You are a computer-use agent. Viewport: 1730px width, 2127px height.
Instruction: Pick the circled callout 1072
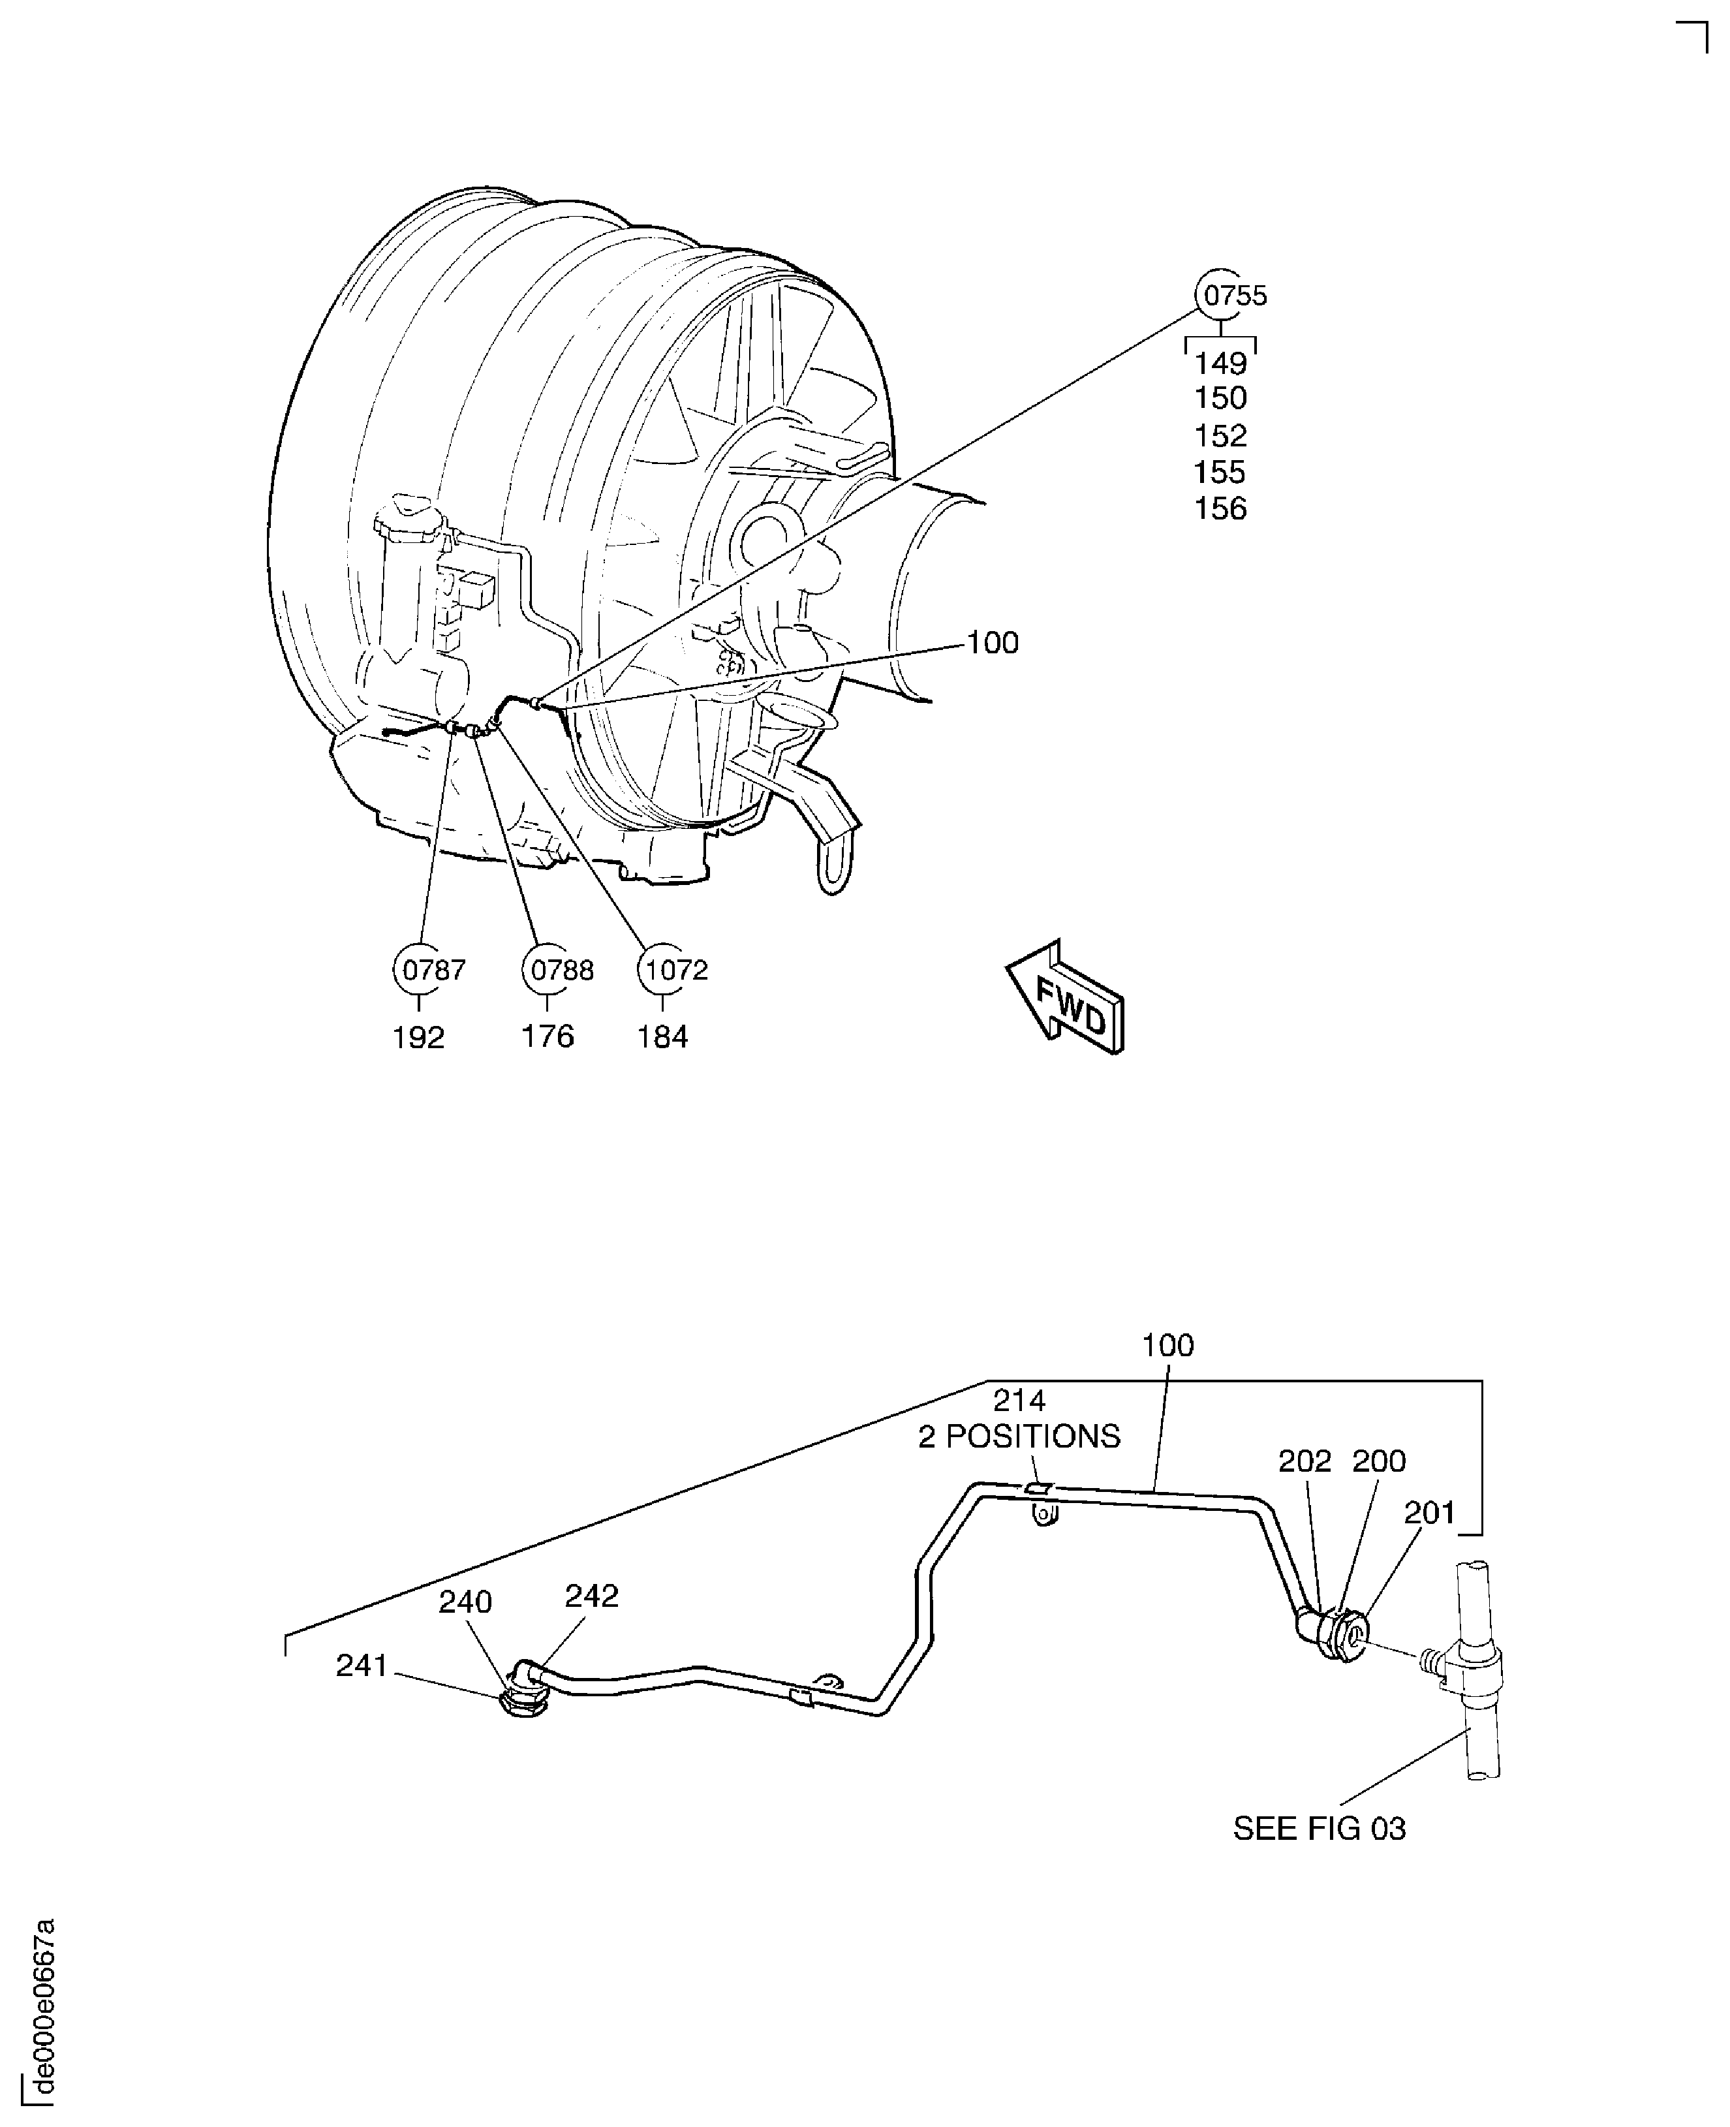pyautogui.click(x=664, y=969)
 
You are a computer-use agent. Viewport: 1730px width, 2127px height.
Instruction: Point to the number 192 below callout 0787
pyautogui.click(x=418, y=1038)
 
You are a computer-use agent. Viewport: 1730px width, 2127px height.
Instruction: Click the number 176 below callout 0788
pyautogui.click(x=548, y=1036)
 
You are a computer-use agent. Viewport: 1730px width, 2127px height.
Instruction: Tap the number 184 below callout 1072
pyautogui.click(x=663, y=1038)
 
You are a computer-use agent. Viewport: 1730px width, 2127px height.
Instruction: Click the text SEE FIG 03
pyautogui.click(x=1318, y=1829)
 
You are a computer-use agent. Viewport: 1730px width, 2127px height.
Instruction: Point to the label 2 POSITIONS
pyautogui.click(x=1019, y=1436)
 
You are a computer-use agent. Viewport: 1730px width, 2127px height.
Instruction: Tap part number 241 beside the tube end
pyautogui.click(x=361, y=1666)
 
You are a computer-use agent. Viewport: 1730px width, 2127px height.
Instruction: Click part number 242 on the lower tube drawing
pyautogui.click(x=591, y=1596)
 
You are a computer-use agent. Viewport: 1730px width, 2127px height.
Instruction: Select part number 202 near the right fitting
pyautogui.click(x=1305, y=1461)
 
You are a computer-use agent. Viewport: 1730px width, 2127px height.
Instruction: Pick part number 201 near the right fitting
pyautogui.click(x=1429, y=1513)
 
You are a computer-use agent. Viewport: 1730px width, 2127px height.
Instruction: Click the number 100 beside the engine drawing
pyautogui.click(x=993, y=643)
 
